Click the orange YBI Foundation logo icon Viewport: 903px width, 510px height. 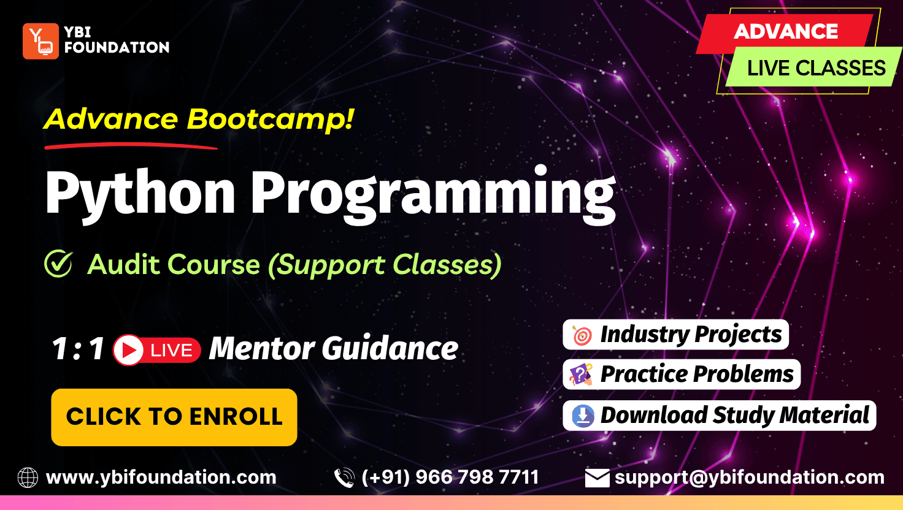click(x=40, y=41)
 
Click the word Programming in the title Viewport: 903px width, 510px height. click(x=433, y=194)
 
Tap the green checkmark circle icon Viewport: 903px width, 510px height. click(x=59, y=264)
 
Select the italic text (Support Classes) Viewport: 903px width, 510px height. click(x=385, y=265)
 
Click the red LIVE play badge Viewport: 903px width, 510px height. click(x=157, y=349)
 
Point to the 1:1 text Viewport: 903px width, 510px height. click(x=78, y=348)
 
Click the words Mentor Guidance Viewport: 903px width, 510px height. click(x=334, y=349)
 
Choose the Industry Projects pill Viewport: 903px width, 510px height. click(x=675, y=334)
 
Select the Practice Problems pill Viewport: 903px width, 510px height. click(x=682, y=375)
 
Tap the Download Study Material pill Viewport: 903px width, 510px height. click(x=720, y=416)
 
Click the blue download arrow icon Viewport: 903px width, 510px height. click(x=583, y=416)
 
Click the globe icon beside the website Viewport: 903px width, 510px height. click(x=28, y=478)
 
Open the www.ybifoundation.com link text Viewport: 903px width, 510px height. click(x=161, y=478)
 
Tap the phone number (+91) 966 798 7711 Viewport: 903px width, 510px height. click(x=450, y=478)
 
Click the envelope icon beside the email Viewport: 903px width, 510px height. click(x=597, y=478)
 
